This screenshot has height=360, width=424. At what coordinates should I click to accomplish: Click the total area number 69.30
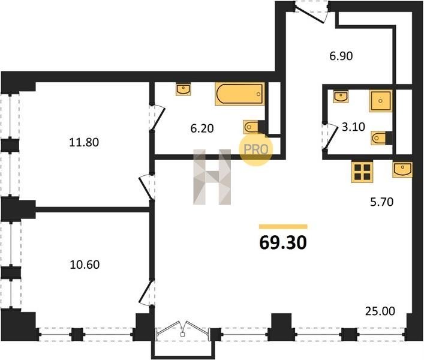(283, 242)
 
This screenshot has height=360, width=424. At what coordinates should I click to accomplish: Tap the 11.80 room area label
(84, 142)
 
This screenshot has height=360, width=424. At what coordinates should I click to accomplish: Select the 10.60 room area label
(85, 265)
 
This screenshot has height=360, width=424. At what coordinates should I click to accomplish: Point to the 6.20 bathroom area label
(202, 128)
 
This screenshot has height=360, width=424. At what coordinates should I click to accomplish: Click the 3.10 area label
(353, 127)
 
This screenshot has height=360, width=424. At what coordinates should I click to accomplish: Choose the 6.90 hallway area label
(341, 56)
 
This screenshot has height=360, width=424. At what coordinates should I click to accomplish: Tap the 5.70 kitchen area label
(381, 202)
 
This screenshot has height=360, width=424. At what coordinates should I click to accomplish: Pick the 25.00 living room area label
(380, 311)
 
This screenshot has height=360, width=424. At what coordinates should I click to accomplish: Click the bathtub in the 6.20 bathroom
(239, 94)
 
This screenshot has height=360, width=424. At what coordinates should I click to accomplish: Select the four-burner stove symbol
(362, 172)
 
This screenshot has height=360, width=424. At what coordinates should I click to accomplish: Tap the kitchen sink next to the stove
(402, 170)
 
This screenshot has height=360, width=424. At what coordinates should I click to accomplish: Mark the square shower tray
(380, 101)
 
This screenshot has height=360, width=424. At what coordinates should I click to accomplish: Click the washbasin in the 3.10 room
(341, 97)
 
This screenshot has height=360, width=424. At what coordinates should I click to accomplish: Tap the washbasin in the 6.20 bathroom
(183, 89)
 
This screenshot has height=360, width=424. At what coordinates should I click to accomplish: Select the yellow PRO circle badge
(256, 149)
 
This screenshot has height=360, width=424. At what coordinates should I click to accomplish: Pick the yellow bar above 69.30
(283, 227)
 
